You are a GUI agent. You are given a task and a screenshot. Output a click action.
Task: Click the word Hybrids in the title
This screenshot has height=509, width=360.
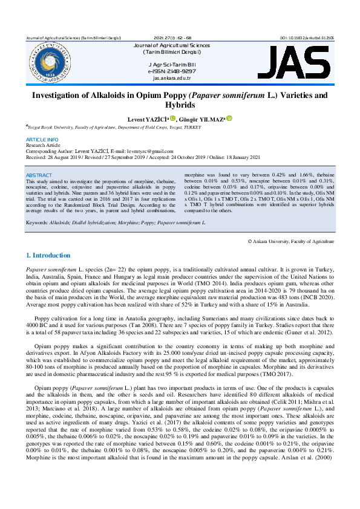(180, 105)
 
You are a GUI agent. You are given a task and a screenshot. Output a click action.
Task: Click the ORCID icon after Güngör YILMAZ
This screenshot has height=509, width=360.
(229, 119)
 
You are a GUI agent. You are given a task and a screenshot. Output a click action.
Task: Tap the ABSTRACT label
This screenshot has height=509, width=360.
(40, 175)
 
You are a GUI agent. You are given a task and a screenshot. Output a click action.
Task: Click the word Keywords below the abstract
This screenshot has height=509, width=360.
(38, 223)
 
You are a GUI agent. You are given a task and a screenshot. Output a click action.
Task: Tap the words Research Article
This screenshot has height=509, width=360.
(43, 145)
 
